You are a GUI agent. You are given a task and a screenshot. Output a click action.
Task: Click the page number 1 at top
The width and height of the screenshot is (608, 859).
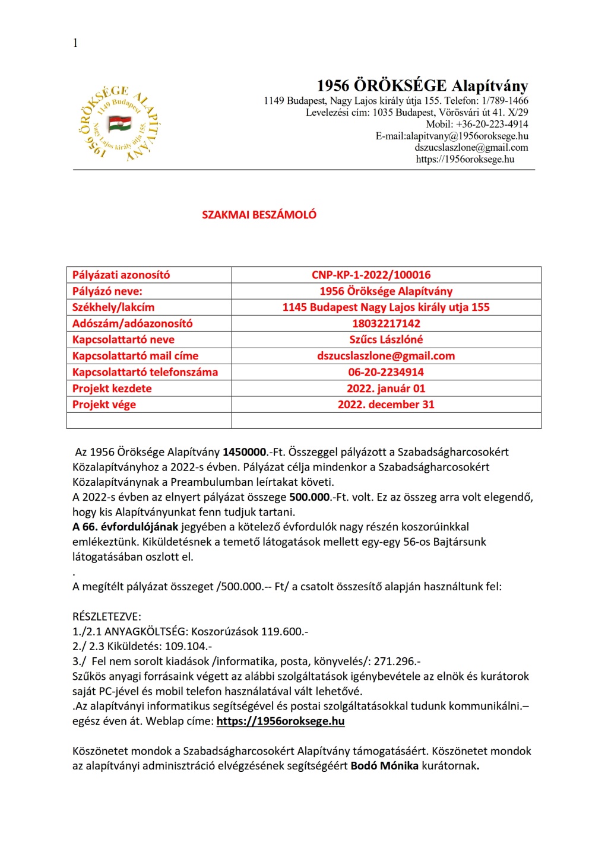coord(75,43)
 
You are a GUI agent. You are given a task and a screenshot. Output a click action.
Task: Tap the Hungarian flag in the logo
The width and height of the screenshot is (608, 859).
coord(119,124)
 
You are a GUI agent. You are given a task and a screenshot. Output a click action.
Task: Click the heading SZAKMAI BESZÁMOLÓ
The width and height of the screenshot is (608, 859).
coord(259,215)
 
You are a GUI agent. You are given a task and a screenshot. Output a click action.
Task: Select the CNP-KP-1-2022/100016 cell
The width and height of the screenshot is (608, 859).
coord(371,275)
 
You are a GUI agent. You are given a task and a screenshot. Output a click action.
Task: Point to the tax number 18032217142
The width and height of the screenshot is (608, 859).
coord(386,323)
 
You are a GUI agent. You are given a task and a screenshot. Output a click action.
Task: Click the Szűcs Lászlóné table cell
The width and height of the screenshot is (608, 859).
coord(386,339)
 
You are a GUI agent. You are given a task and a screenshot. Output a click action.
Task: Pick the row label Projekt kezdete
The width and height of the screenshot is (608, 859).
coord(112,389)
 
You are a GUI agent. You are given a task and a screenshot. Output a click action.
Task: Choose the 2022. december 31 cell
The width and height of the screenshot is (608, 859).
coord(386,405)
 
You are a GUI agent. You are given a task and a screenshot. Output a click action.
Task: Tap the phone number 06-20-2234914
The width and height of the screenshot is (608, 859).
coord(386,372)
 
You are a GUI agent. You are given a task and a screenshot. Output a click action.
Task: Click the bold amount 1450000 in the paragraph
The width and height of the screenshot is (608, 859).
coord(244,452)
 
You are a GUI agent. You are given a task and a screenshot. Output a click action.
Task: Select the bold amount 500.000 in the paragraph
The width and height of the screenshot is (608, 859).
coord(309,497)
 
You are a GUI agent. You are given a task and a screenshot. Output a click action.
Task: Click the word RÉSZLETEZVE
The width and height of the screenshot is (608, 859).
coord(107,616)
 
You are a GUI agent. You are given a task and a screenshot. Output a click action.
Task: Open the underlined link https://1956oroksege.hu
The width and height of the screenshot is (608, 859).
coord(280,721)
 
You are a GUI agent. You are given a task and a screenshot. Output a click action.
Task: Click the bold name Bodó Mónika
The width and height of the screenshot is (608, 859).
coord(385,766)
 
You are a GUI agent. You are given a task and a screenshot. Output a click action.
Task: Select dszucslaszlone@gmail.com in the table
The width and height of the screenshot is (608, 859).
coord(386,356)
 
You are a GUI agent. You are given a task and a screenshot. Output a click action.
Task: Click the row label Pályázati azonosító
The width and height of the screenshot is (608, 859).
coord(121,275)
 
